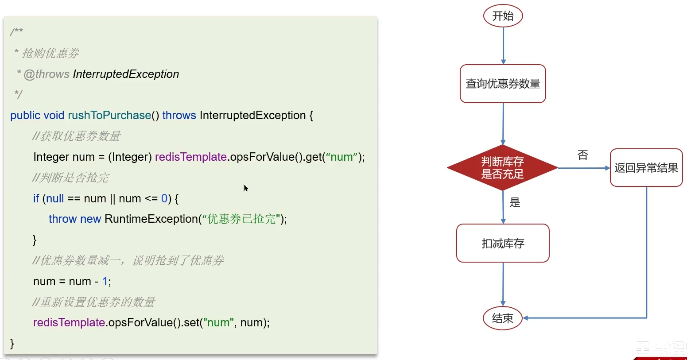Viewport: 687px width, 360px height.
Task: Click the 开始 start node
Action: pyautogui.click(x=503, y=16)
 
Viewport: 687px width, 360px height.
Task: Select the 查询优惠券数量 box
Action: pyautogui.click(x=503, y=84)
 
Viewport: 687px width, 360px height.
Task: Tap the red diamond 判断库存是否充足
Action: pyautogui.click(x=502, y=168)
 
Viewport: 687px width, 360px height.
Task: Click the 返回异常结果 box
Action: pyautogui.click(x=646, y=168)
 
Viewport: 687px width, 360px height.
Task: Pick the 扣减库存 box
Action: pyautogui.click(x=503, y=243)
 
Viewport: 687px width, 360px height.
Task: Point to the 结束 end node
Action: pyautogui.click(x=503, y=318)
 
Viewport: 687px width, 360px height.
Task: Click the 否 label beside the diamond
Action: pyautogui.click(x=583, y=155)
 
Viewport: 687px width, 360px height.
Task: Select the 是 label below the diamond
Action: pyautogui.click(x=515, y=203)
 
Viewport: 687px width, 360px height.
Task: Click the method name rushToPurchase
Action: pyautogui.click(x=109, y=115)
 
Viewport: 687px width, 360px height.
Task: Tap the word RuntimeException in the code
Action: pyautogui.click(x=151, y=219)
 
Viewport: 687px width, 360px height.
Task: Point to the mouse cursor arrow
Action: pyautogui.click(x=245, y=188)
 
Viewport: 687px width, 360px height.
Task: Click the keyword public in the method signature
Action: pyautogui.click(x=25, y=115)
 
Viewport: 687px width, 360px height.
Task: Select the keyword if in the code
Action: pyautogui.click(x=36, y=198)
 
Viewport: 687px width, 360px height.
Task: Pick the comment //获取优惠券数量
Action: pyautogui.click(x=76, y=136)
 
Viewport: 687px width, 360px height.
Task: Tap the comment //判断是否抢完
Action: pyautogui.click(x=70, y=178)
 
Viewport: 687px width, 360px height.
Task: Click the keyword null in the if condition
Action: pyautogui.click(x=55, y=198)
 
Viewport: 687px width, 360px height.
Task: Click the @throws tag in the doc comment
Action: pyautogui.click(x=47, y=74)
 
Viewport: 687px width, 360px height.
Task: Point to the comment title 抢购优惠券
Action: pyautogui.click(x=50, y=53)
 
